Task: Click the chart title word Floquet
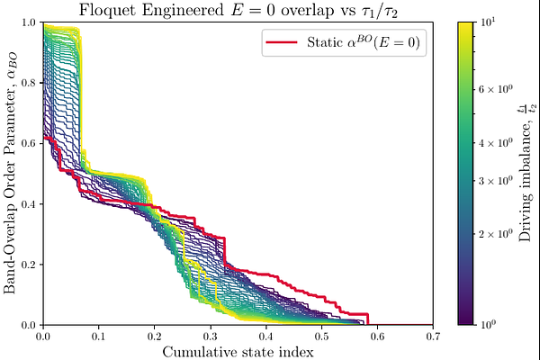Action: (x=128, y=11)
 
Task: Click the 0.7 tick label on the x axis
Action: (x=432, y=336)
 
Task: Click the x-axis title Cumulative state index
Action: (x=238, y=351)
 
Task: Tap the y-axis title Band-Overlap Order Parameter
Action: (x=11, y=173)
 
